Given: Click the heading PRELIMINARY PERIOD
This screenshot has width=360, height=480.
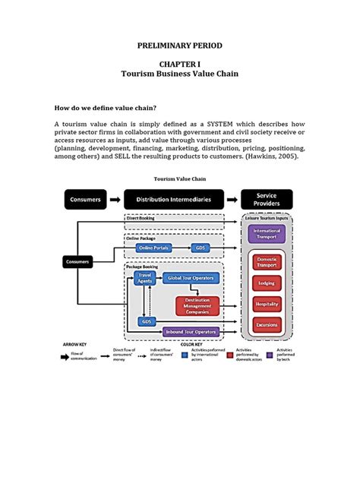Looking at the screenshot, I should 180,46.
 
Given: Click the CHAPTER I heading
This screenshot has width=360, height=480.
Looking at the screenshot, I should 180,65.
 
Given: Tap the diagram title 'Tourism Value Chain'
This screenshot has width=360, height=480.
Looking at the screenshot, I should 179,179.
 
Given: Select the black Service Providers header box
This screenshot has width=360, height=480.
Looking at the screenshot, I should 267,200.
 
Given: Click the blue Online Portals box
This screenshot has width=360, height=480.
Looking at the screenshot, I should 153,248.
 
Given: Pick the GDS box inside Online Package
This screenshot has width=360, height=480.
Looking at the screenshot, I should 201,248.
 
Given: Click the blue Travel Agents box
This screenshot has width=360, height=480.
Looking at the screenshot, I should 144,278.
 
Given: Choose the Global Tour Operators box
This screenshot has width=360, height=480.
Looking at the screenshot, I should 190,278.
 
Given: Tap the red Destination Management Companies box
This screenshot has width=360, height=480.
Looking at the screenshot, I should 197,305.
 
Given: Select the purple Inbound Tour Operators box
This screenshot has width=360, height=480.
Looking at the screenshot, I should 191,331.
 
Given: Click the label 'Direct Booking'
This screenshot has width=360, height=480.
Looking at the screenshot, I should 141,218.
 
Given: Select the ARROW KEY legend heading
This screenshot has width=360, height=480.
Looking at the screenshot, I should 74,343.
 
